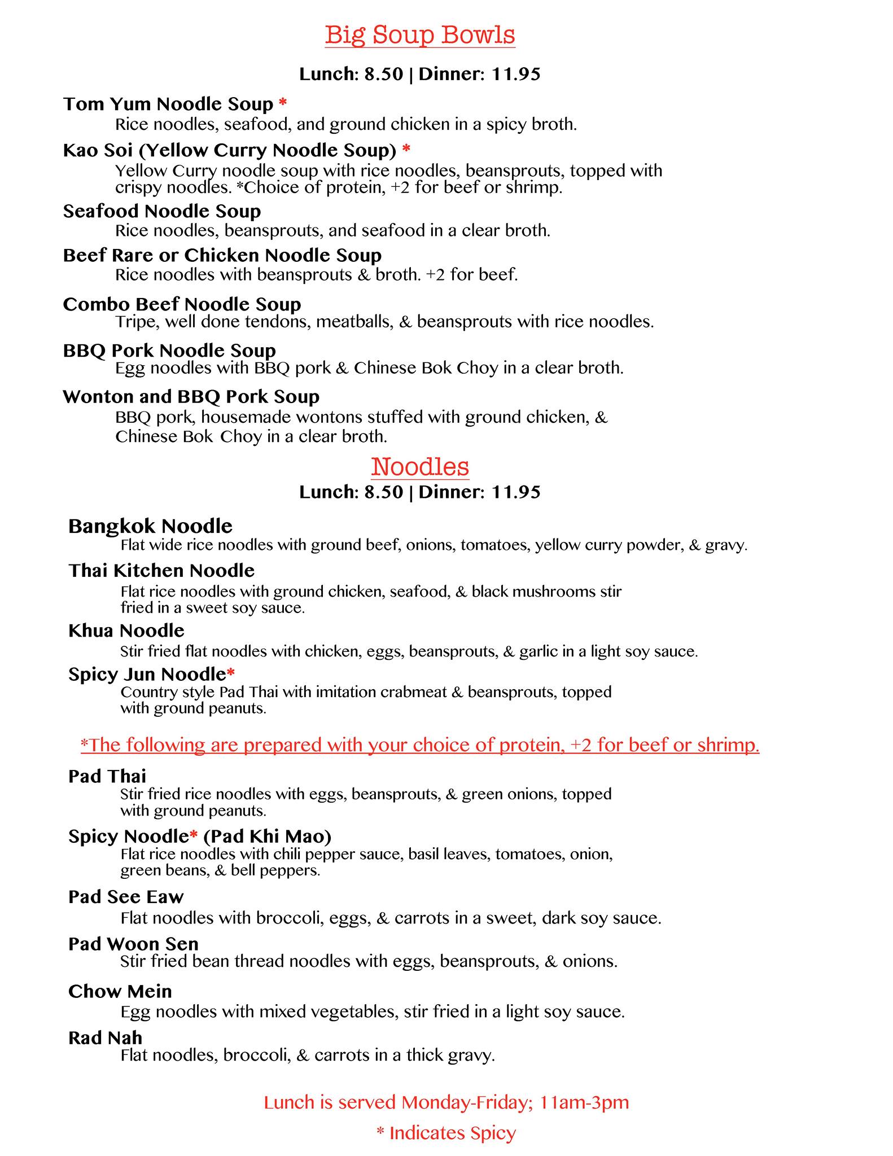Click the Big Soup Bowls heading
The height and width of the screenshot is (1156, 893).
[x=420, y=35]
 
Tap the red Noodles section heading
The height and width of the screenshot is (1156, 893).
[x=420, y=467]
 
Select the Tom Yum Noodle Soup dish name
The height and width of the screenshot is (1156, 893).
[x=168, y=104]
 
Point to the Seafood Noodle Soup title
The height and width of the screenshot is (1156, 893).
[x=162, y=211]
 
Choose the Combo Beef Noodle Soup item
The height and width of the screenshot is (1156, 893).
[x=182, y=304]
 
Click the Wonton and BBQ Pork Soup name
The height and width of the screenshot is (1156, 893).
[x=191, y=397]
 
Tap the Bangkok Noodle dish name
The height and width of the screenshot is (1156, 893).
[x=150, y=526]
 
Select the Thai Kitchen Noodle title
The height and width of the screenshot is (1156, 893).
[x=161, y=571]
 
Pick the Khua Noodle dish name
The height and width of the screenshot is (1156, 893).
[x=126, y=630]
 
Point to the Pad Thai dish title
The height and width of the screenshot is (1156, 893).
[x=107, y=776]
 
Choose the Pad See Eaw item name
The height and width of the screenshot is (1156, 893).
[x=126, y=897]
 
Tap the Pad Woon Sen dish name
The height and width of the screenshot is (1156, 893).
[x=133, y=944]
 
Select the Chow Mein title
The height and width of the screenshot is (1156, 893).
[x=120, y=991]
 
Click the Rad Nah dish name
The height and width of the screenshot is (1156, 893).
[x=105, y=1037]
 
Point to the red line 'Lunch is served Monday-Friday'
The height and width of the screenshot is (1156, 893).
[x=446, y=1102]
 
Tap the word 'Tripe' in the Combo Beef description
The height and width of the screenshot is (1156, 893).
[x=133, y=322]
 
